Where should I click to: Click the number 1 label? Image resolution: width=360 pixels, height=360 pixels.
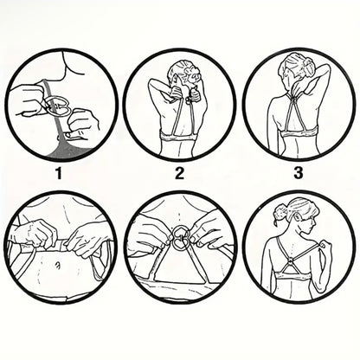[59, 173]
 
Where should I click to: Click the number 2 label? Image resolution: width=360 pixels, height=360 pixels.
[179, 173]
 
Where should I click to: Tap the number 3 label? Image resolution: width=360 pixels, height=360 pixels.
[299, 173]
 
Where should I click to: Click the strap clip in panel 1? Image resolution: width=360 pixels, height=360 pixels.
[59, 106]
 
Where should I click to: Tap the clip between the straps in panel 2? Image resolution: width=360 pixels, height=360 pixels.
[188, 100]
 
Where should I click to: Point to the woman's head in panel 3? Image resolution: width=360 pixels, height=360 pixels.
[292, 69]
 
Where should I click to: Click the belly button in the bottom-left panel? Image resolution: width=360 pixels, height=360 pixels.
[57, 264]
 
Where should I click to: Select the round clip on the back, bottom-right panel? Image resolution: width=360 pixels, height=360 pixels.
[289, 263]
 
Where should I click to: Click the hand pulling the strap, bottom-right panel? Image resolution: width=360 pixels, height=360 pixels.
[322, 245]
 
